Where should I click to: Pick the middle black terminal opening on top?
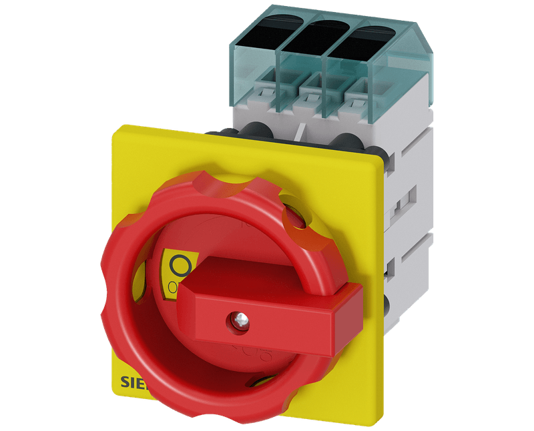point(309,30)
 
